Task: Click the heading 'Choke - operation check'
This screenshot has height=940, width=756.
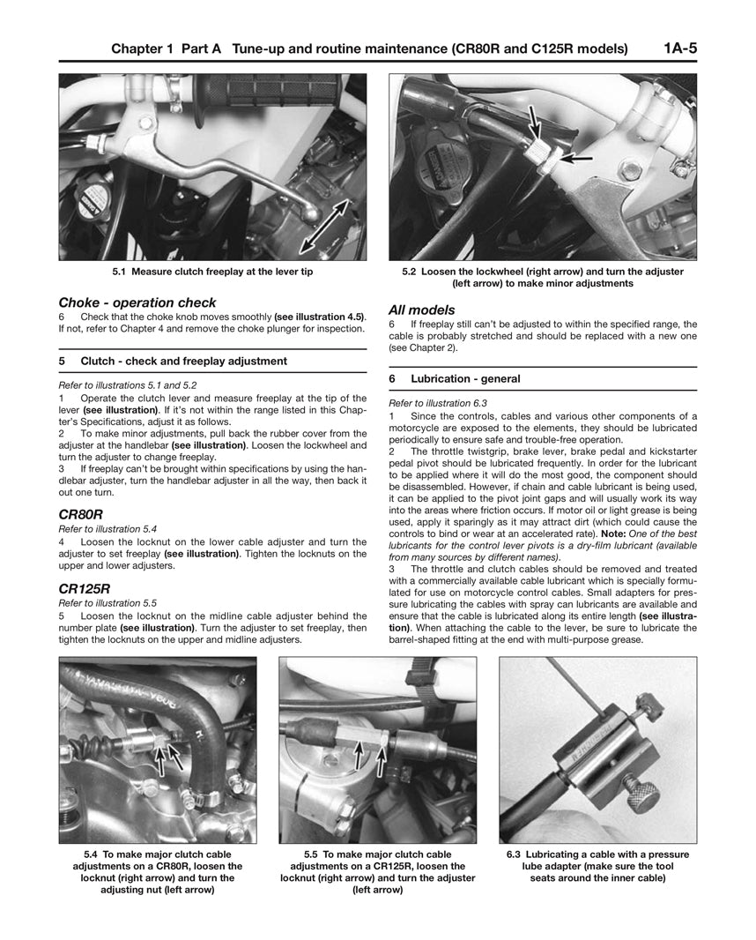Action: (x=137, y=302)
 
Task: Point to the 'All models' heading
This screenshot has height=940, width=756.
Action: (x=422, y=310)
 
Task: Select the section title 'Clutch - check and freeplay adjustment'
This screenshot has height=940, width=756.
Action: (x=183, y=361)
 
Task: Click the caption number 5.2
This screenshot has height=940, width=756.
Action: (x=409, y=272)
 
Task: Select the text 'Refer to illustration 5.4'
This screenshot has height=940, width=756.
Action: (x=107, y=528)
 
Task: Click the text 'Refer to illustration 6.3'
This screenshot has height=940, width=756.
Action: (x=438, y=403)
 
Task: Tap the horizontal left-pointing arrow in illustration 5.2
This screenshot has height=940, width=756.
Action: (x=576, y=159)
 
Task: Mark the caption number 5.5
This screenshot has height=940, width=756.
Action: (x=311, y=854)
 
